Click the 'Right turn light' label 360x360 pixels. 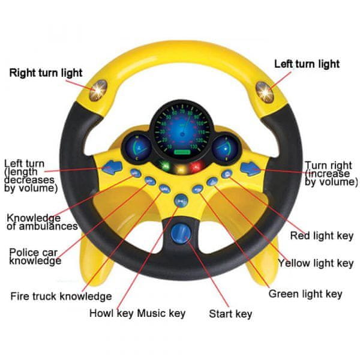46,73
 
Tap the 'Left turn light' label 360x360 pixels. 307,64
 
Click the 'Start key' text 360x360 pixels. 230,314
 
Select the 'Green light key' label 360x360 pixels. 305,294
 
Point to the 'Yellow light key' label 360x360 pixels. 316,263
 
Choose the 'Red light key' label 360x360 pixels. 322,236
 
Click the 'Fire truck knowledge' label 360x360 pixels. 61,296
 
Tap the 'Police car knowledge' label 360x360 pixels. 35,257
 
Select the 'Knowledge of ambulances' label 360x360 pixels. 42,222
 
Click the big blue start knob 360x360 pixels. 181,234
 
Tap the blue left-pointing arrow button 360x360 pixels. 112,167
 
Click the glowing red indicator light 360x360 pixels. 196,167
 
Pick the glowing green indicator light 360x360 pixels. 165,166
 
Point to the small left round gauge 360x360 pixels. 137,148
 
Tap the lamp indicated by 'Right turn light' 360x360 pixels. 98,91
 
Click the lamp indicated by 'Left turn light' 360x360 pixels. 265,92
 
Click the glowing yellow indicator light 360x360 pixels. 181,169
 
